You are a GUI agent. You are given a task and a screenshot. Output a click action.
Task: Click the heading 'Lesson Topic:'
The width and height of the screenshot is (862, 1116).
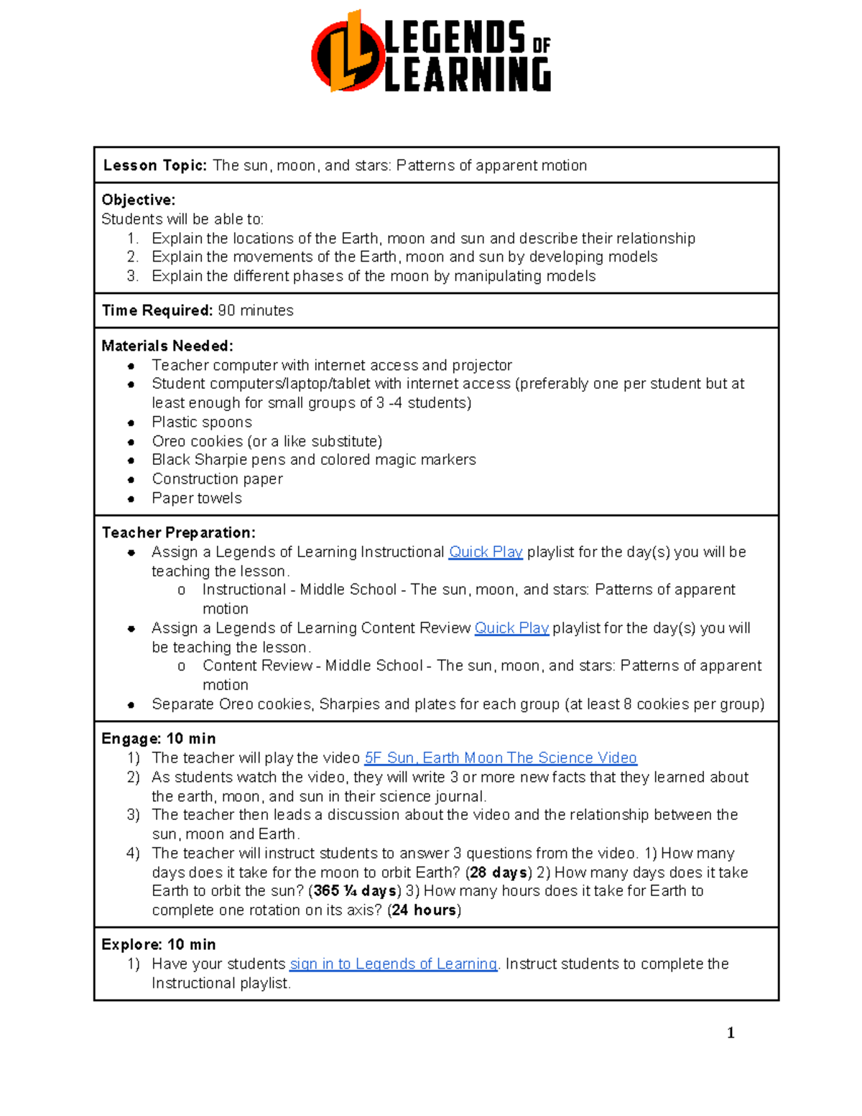pyautogui.click(x=155, y=165)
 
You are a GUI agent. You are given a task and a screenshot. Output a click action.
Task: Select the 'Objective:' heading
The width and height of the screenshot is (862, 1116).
pyautogui.click(x=139, y=200)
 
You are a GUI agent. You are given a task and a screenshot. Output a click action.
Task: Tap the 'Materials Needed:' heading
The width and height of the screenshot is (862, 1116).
pyautogui.click(x=167, y=346)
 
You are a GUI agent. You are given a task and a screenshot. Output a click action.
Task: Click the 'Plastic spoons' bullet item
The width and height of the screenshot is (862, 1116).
pyautogui.click(x=202, y=422)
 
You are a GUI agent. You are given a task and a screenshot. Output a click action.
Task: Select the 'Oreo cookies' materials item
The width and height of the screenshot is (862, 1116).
pyautogui.click(x=267, y=441)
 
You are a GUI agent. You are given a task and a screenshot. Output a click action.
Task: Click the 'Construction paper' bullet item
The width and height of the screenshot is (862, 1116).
pyautogui.click(x=217, y=479)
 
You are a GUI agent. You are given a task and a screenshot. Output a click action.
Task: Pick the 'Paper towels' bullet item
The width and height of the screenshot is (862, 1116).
pyautogui.click(x=197, y=498)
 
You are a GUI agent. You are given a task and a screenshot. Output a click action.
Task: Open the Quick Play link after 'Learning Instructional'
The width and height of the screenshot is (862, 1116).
pyautogui.click(x=486, y=552)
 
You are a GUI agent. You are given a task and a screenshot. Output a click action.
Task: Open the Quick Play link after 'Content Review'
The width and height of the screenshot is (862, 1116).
pyautogui.click(x=511, y=628)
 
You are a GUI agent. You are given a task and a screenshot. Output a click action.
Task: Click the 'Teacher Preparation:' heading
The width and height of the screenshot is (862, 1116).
pyautogui.click(x=179, y=532)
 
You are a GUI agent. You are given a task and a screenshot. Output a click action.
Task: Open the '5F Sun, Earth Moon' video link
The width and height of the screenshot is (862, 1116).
pyautogui.click(x=501, y=757)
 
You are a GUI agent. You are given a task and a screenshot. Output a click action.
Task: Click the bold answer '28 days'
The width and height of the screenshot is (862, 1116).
pyautogui.click(x=499, y=872)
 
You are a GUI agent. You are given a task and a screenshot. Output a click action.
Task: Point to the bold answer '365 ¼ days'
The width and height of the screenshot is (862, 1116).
pyautogui.click(x=355, y=891)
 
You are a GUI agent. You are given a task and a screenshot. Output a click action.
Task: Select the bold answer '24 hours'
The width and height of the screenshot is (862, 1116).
pyautogui.click(x=424, y=910)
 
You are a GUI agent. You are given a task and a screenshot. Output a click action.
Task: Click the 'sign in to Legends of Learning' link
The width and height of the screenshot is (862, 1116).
pyautogui.click(x=393, y=964)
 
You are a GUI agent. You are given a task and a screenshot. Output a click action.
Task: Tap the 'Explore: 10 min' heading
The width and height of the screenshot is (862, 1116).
pyautogui.click(x=159, y=944)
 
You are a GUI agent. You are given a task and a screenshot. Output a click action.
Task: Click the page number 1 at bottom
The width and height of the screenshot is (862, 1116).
pyautogui.click(x=731, y=1033)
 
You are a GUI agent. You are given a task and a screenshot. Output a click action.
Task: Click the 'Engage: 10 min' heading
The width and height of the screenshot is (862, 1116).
pyautogui.click(x=159, y=739)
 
